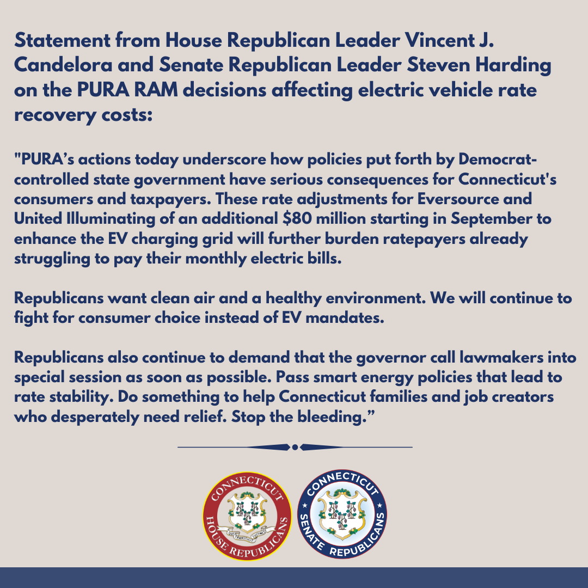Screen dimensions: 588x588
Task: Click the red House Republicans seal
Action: (247, 516)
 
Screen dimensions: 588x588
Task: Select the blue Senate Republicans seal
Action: (342, 516)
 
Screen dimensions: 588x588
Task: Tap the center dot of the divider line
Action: (295, 447)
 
